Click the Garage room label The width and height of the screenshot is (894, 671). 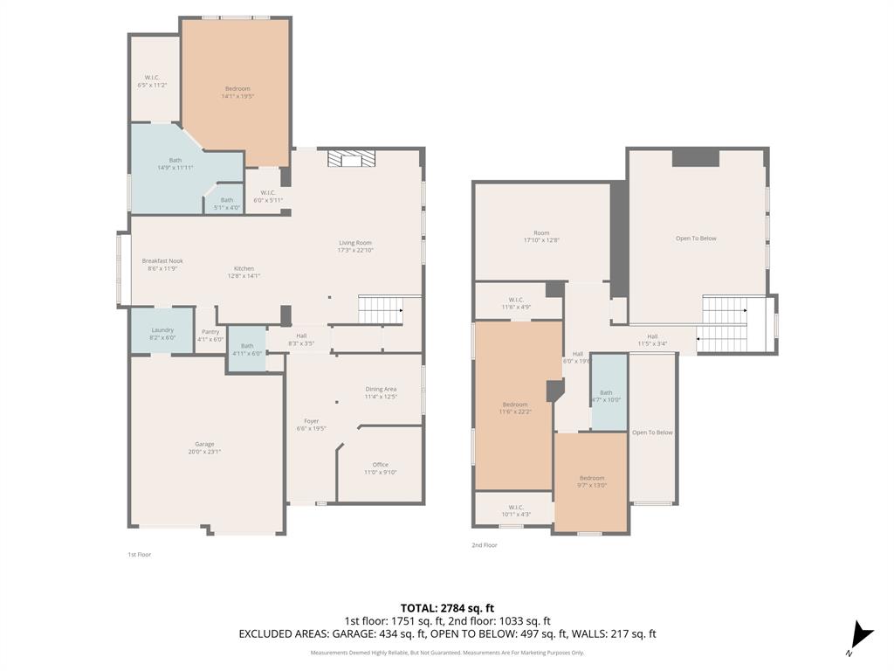(x=204, y=447)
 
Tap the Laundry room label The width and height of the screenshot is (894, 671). (x=162, y=333)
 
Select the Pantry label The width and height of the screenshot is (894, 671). (x=210, y=335)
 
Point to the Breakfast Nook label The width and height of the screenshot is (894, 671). (x=162, y=264)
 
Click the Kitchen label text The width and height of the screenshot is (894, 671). (x=244, y=272)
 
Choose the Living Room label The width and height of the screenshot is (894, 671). (x=355, y=246)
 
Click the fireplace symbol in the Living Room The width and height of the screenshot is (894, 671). (x=351, y=158)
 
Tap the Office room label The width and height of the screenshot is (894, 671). (x=380, y=468)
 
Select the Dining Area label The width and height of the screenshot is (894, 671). (x=381, y=392)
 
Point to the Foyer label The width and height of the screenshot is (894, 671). (x=311, y=425)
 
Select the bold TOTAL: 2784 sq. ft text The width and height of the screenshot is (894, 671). (x=447, y=608)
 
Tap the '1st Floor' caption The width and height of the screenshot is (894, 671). (x=139, y=554)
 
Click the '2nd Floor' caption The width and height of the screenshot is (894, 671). (x=484, y=545)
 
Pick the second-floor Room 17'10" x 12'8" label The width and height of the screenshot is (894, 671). (x=541, y=236)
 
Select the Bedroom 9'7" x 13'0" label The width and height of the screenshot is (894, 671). (x=592, y=481)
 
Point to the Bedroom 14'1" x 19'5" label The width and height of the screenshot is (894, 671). (x=237, y=92)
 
